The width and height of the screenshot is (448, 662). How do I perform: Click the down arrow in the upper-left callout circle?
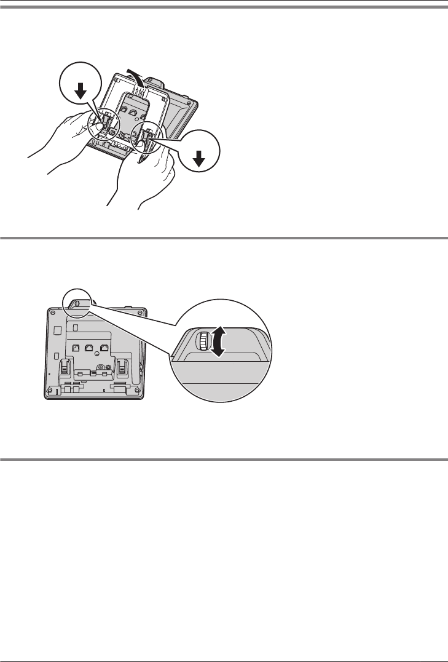pos(79,90)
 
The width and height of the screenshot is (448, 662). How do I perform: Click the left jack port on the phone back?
pos(75,348)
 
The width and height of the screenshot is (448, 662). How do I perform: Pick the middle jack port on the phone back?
pos(90,348)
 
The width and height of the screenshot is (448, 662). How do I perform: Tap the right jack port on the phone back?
pos(104,348)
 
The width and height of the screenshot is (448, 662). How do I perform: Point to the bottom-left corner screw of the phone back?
pos(50,389)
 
